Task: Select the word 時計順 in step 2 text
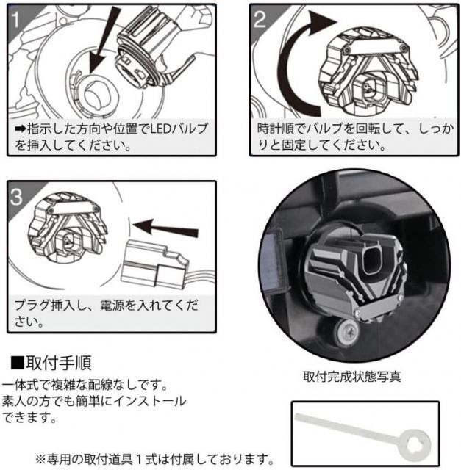pyautogui.click(x=274, y=129)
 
